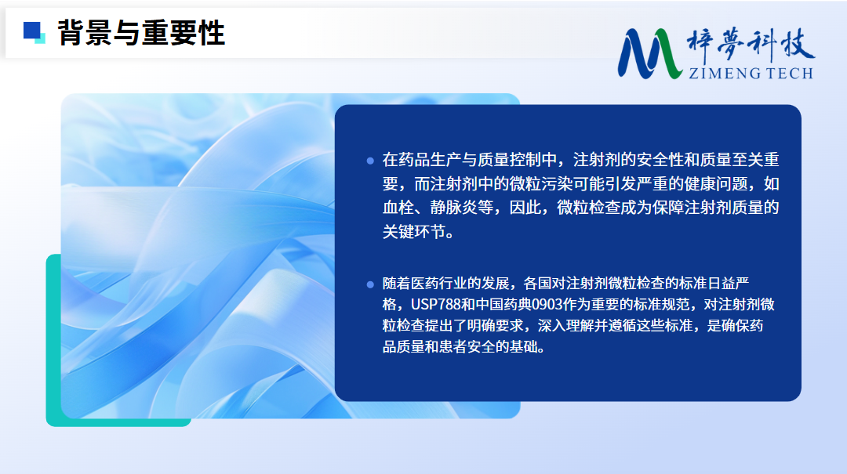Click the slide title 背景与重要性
141,33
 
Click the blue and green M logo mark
649,53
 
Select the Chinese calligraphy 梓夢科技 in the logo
751,45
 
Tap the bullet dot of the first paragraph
370,161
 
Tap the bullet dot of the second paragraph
370,284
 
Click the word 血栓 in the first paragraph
398,208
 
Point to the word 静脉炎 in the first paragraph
454,208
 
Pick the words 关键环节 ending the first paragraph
414,232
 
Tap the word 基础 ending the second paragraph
523,346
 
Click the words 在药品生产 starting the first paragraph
422,160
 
